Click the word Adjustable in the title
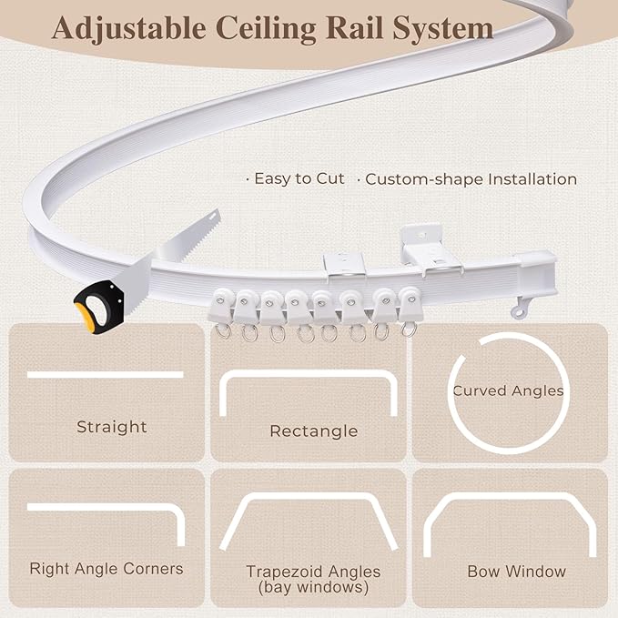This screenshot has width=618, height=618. point(129,28)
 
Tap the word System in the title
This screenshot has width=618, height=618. point(442,28)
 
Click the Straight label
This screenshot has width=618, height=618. point(112,427)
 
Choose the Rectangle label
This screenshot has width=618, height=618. point(314,431)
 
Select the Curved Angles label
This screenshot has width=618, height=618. point(508,390)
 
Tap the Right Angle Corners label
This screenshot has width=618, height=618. point(106,569)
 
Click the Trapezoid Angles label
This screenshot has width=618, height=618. point(313,572)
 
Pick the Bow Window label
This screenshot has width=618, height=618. point(516,572)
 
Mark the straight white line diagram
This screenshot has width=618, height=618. point(106,375)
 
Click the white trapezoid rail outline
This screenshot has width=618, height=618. point(309,496)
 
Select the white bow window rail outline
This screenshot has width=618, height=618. point(510,496)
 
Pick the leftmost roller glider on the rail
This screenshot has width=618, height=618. point(221,306)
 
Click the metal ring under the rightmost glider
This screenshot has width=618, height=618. point(409,329)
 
